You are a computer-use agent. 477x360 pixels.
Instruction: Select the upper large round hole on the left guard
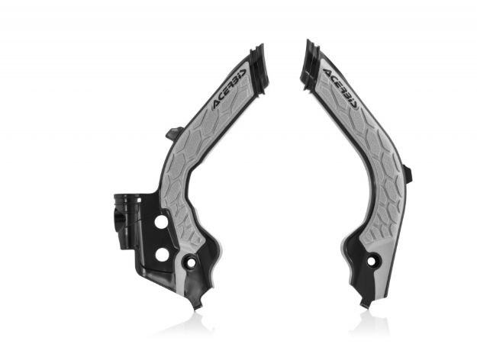(161, 220)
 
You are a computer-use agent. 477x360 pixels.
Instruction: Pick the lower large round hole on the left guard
(161, 252)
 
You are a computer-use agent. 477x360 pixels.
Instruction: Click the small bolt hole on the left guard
(191, 262)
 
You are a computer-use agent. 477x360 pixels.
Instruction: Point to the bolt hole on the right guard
(374, 262)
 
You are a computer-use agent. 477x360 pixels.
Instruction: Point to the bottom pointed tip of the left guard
(197, 303)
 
